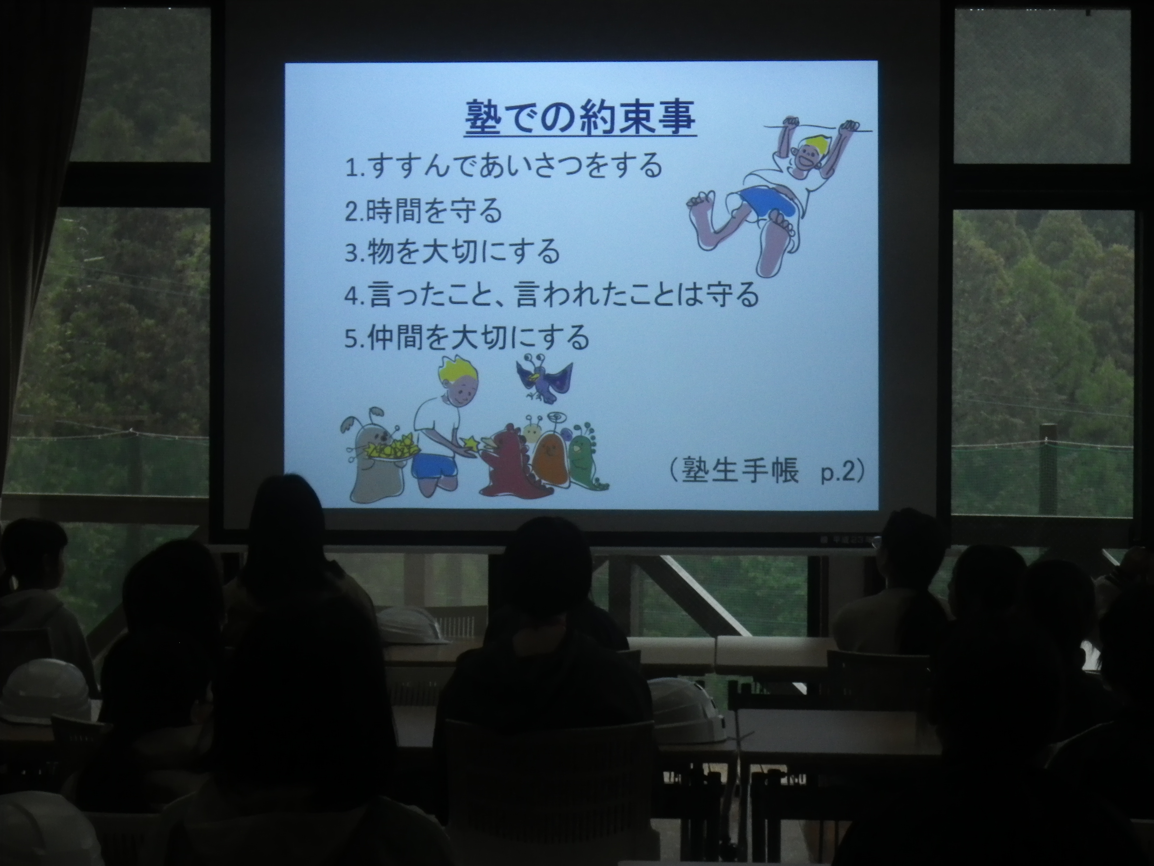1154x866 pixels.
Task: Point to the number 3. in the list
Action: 355,253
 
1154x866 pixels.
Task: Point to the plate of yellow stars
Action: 391,448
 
